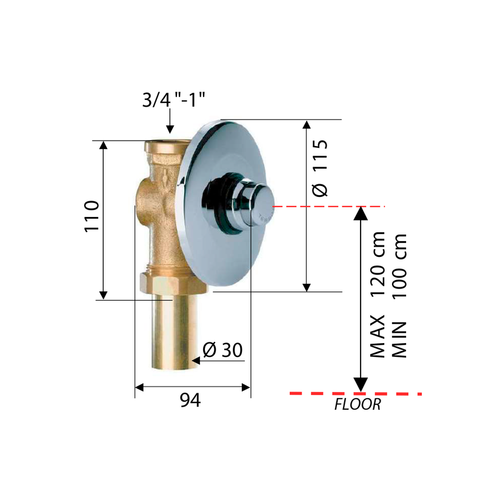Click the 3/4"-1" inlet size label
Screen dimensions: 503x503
[173, 99]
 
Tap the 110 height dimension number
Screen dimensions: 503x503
[92, 216]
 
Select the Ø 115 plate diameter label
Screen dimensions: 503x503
[320, 168]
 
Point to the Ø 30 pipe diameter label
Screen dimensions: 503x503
[222, 350]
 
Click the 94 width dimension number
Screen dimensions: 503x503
[190, 400]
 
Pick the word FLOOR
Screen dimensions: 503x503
[358, 404]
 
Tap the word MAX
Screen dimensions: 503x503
[377, 336]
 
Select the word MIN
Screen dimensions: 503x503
[399, 340]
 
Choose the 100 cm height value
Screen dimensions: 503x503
[399, 266]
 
